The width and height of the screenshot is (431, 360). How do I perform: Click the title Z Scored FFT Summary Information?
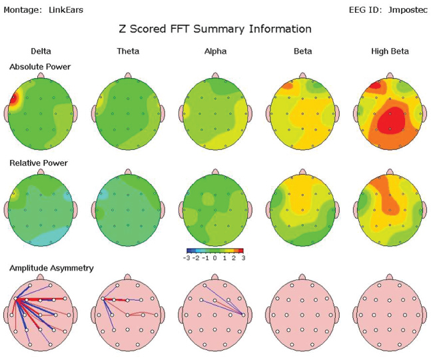(x=215, y=29)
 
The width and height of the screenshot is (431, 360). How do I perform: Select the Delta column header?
(x=41, y=51)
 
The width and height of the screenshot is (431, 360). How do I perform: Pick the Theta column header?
(x=127, y=51)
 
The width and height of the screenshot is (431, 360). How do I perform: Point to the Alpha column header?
(x=215, y=51)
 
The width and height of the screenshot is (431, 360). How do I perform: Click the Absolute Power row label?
(x=40, y=67)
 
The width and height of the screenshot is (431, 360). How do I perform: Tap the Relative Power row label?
(x=39, y=163)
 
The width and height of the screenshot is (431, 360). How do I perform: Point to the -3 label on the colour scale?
(x=189, y=257)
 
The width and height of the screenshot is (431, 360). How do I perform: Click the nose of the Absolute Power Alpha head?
(x=215, y=75)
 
